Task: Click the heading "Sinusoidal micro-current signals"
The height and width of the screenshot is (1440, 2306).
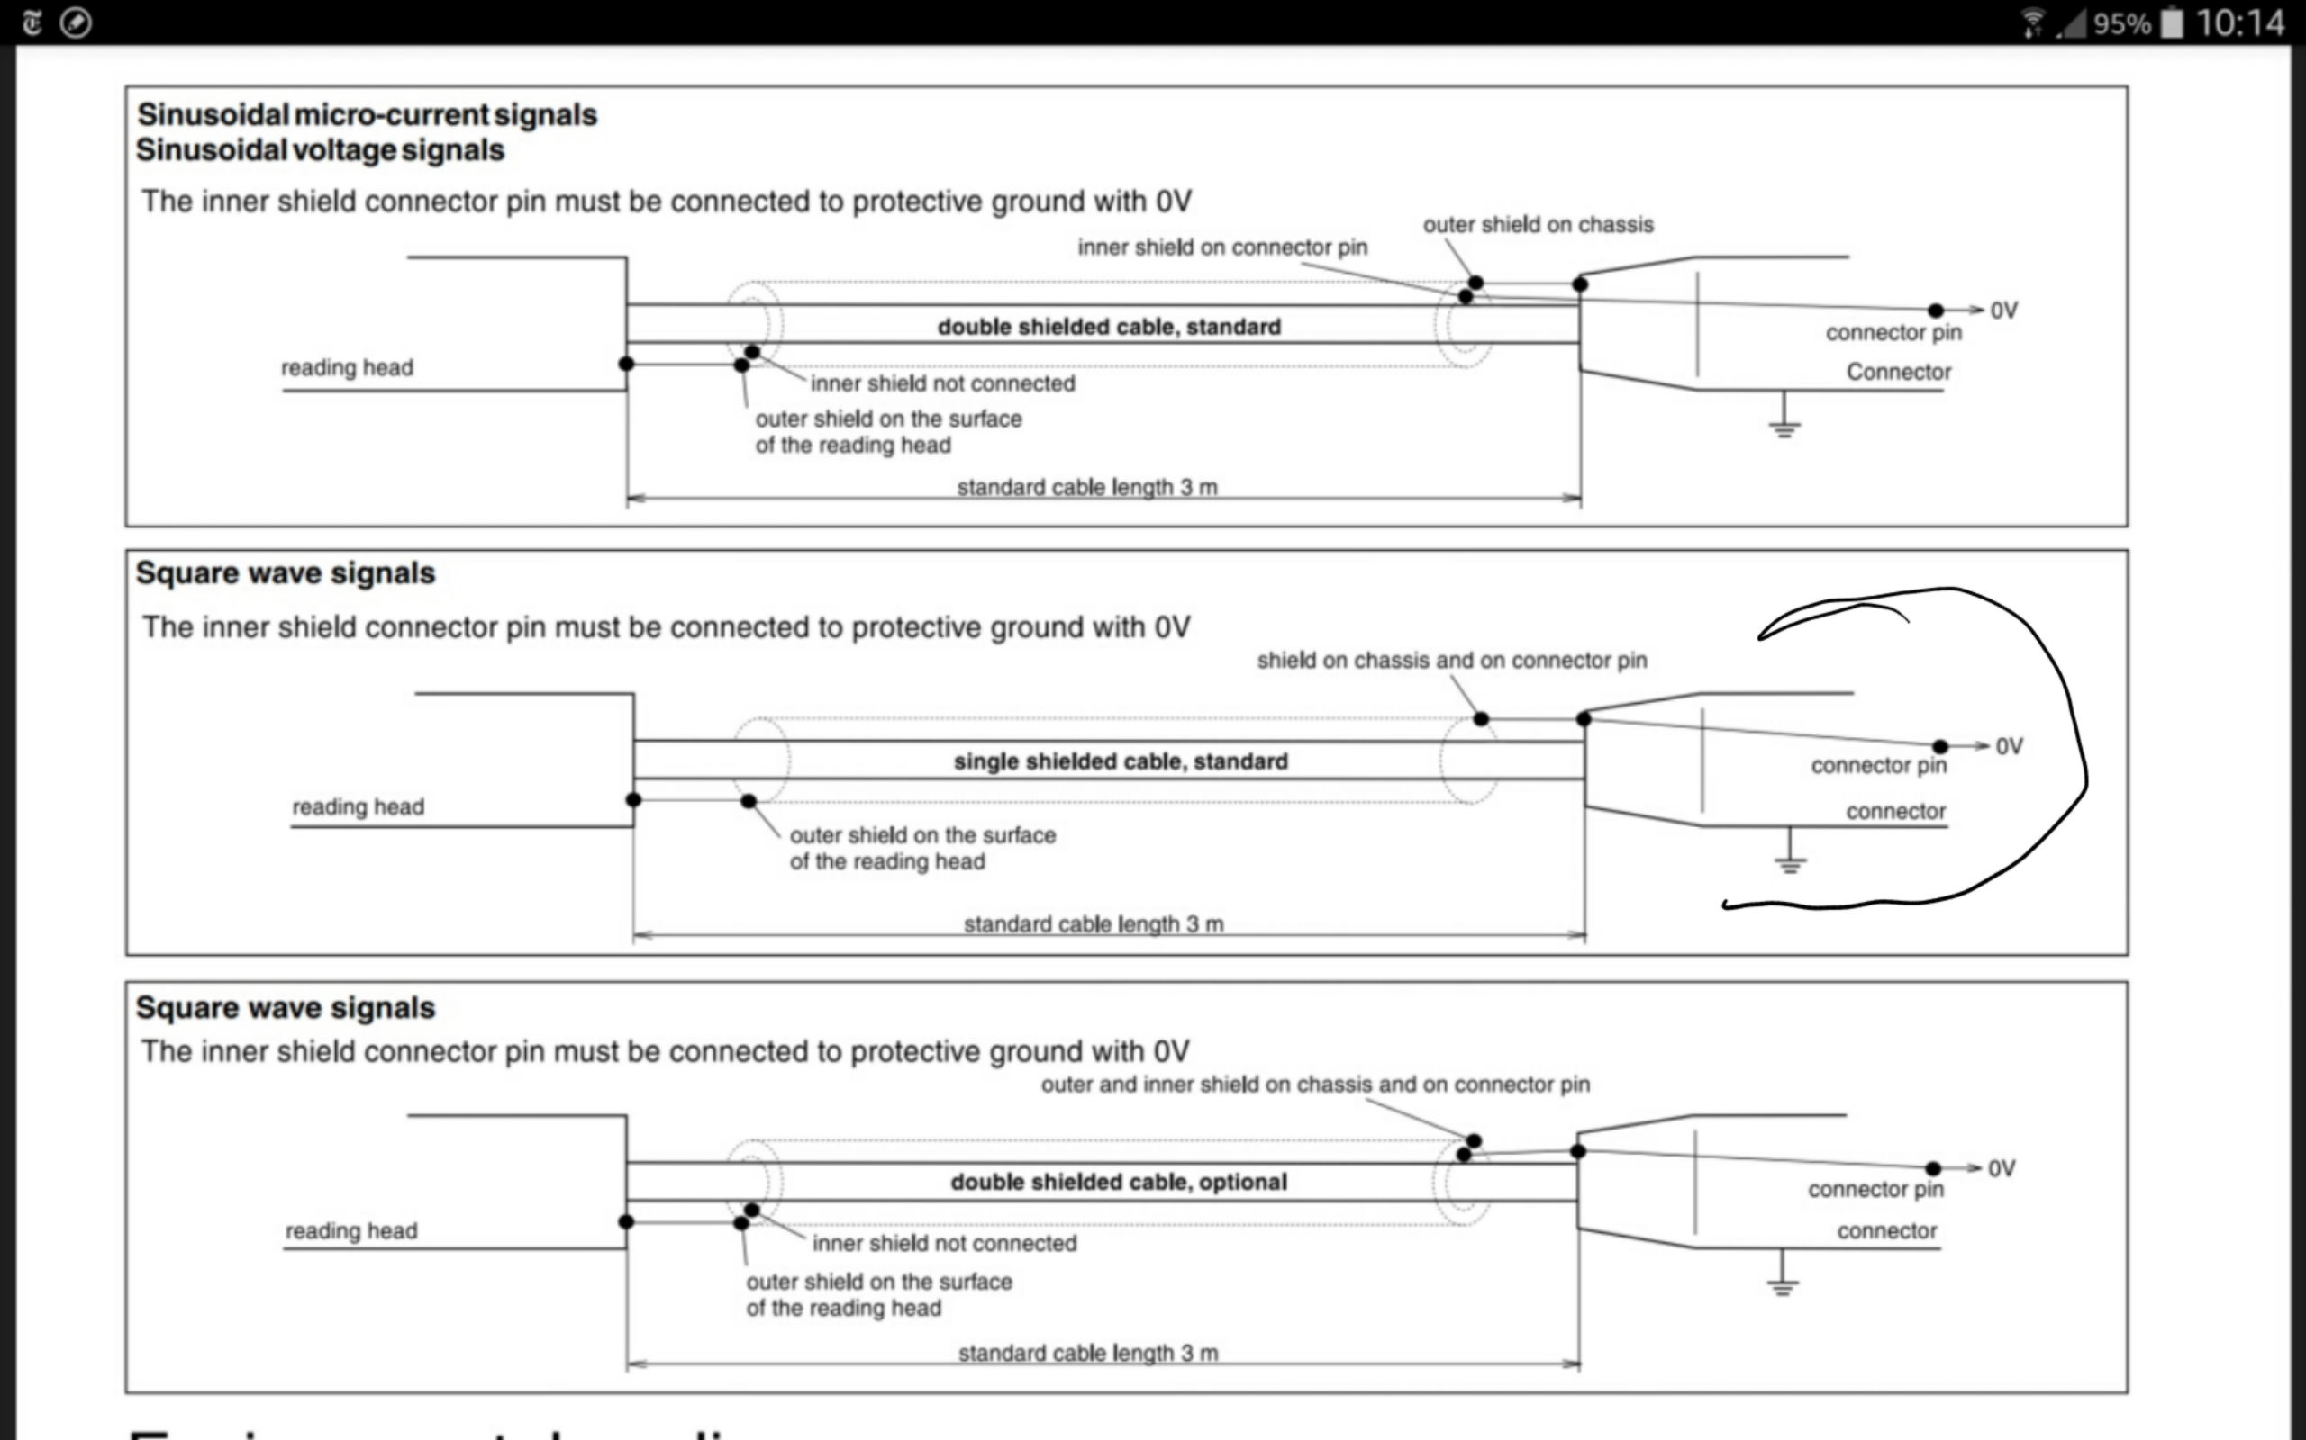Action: (367, 115)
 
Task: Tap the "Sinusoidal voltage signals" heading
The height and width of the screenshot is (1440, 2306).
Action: (320, 150)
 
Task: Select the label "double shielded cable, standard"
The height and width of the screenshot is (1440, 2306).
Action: (1108, 327)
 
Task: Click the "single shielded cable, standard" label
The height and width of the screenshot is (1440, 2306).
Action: (1121, 761)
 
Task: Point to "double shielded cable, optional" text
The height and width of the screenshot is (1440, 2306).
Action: (1119, 1182)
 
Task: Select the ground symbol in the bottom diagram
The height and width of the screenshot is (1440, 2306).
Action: (1782, 1282)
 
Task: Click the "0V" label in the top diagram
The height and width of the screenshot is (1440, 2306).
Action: (2004, 310)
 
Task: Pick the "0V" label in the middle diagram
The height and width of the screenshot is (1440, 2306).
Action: (2010, 747)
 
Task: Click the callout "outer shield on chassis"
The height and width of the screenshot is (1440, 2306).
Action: (1538, 225)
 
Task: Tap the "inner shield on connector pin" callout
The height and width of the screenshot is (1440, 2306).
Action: (1222, 247)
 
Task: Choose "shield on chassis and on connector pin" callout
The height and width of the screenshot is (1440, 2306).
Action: (1451, 660)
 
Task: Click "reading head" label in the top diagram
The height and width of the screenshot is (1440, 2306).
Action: (347, 367)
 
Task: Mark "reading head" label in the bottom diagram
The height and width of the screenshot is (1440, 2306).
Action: (351, 1230)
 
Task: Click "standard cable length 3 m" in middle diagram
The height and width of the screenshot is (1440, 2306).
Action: (1093, 923)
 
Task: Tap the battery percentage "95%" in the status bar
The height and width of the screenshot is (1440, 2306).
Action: (2122, 22)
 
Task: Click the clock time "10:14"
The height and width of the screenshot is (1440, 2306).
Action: (2239, 22)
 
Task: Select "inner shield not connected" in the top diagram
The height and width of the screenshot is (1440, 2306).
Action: (942, 383)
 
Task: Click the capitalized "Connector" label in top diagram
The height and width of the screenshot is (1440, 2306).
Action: (1898, 373)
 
